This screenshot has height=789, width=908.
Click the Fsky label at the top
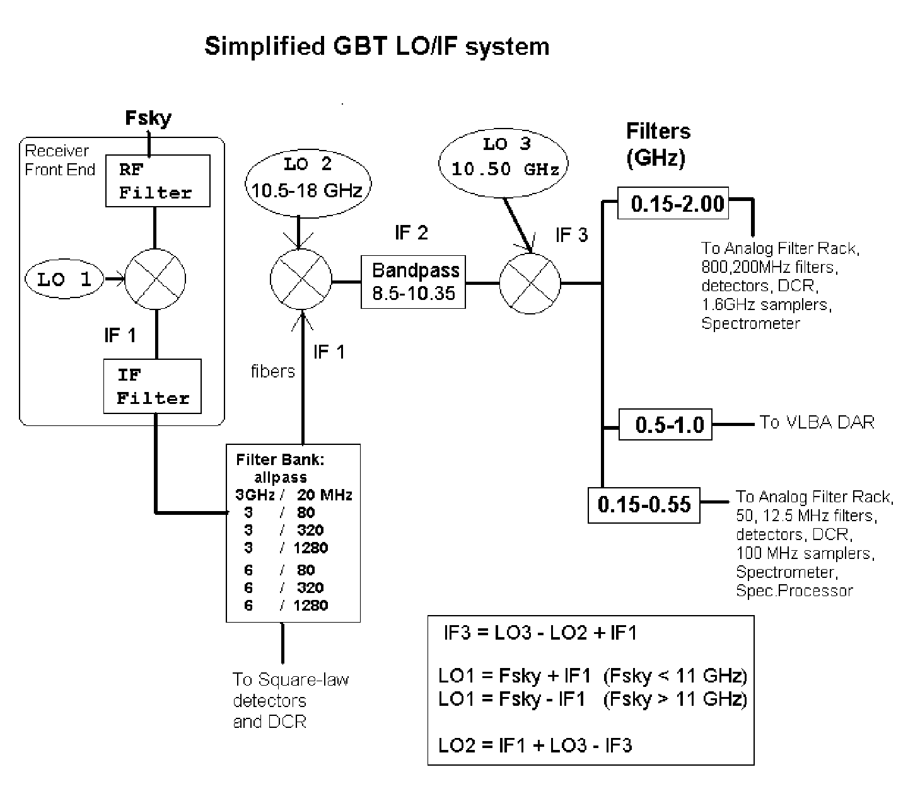click(148, 118)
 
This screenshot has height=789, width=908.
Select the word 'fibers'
click(272, 371)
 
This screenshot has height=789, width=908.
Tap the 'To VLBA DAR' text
click(817, 422)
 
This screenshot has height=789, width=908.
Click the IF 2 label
click(411, 233)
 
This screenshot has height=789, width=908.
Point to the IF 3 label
click(572, 234)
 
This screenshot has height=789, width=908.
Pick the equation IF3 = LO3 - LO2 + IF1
click(540, 633)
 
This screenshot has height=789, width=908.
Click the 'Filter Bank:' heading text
click(280, 459)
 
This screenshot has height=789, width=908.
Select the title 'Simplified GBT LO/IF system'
click(377, 46)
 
